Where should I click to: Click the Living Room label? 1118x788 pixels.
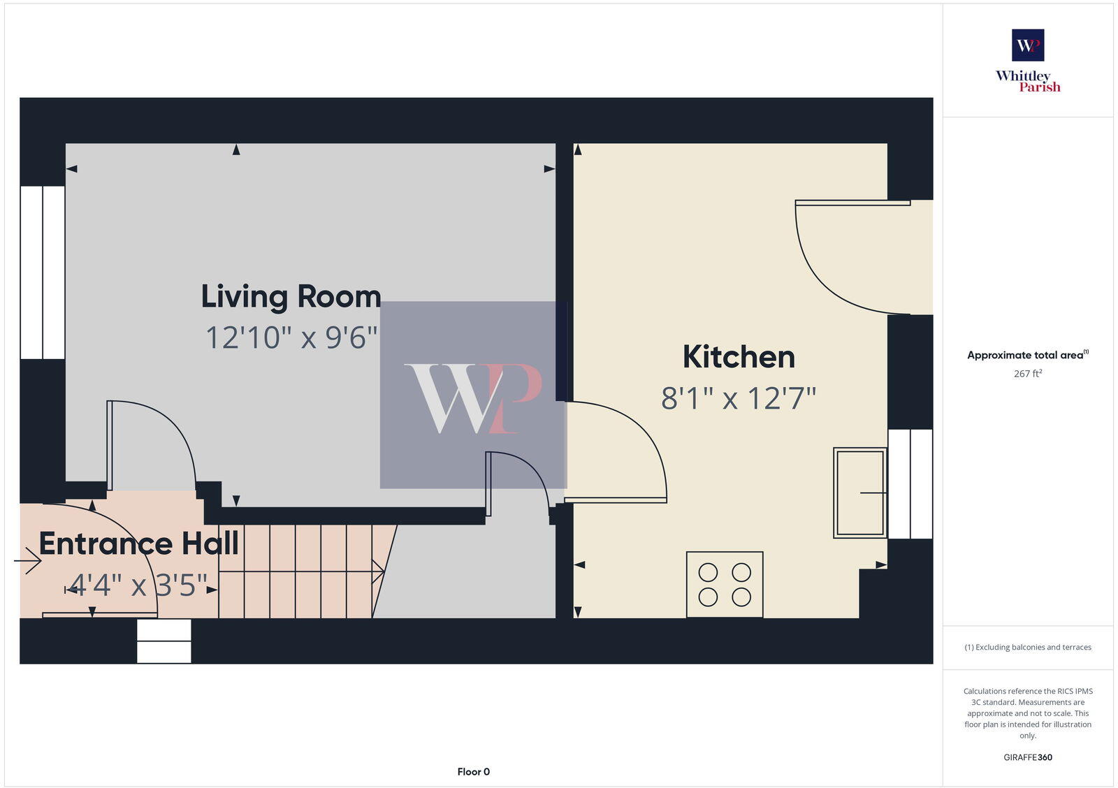pyautogui.click(x=291, y=297)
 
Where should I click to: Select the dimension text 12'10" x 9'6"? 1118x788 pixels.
pyautogui.click(x=291, y=338)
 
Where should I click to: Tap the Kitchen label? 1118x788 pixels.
pyautogui.click(x=739, y=357)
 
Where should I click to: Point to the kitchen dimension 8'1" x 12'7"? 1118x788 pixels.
pyautogui.click(x=739, y=399)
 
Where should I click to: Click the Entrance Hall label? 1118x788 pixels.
pyautogui.click(x=138, y=543)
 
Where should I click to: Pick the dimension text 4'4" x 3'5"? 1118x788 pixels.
pyautogui.click(x=138, y=585)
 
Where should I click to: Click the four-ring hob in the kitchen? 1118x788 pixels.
pyautogui.click(x=725, y=585)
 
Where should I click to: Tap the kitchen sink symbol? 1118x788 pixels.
pyautogui.click(x=860, y=492)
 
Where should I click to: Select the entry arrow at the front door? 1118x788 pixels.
pyautogui.click(x=28, y=560)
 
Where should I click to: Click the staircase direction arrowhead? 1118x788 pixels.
pyautogui.click(x=379, y=571)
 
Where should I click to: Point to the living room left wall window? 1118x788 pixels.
pyautogui.click(x=43, y=272)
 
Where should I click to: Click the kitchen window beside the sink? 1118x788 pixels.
pyautogui.click(x=910, y=484)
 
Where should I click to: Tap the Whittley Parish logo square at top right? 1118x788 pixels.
pyautogui.click(x=1028, y=45)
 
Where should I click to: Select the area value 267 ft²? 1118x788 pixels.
pyautogui.click(x=1028, y=374)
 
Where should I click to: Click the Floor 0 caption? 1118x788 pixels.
pyautogui.click(x=474, y=772)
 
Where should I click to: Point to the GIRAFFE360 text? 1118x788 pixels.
pyautogui.click(x=1028, y=757)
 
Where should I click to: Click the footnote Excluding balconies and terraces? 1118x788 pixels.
pyautogui.click(x=1028, y=648)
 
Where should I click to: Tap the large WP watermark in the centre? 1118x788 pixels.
pyautogui.click(x=473, y=397)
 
